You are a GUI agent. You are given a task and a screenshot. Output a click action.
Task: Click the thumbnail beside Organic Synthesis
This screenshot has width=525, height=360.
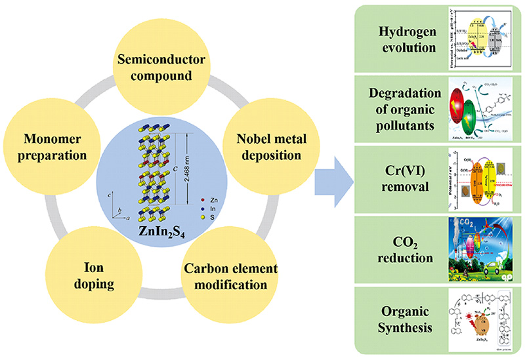click(x=478, y=317)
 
